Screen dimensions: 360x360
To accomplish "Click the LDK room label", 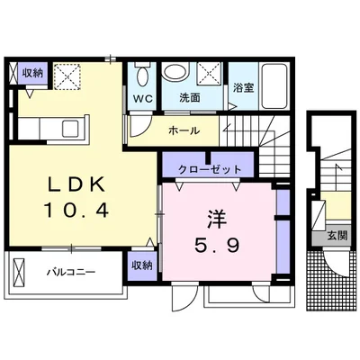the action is tap(77, 184).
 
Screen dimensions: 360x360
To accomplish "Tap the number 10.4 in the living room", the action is tap(76, 210).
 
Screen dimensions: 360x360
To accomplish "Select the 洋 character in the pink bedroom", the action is tap(217, 220).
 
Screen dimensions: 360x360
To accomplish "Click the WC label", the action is tap(143, 98).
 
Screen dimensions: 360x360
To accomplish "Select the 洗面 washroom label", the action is tap(190, 98).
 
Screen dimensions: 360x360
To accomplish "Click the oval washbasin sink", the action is tap(175, 71).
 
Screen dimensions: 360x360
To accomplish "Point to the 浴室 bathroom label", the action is tap(243, 87).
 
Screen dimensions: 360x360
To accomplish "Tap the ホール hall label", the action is tap(184, 130).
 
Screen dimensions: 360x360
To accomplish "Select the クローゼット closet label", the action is tap(210, 170).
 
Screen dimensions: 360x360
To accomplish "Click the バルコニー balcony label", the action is tap(71, 272).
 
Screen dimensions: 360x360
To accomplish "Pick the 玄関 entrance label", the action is tap(337, 236).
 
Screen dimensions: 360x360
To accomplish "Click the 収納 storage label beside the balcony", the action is tap(142, 265).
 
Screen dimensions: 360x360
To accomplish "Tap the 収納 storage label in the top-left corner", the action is tap(33, 73).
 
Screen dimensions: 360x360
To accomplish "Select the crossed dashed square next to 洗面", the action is tap(209, 73).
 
